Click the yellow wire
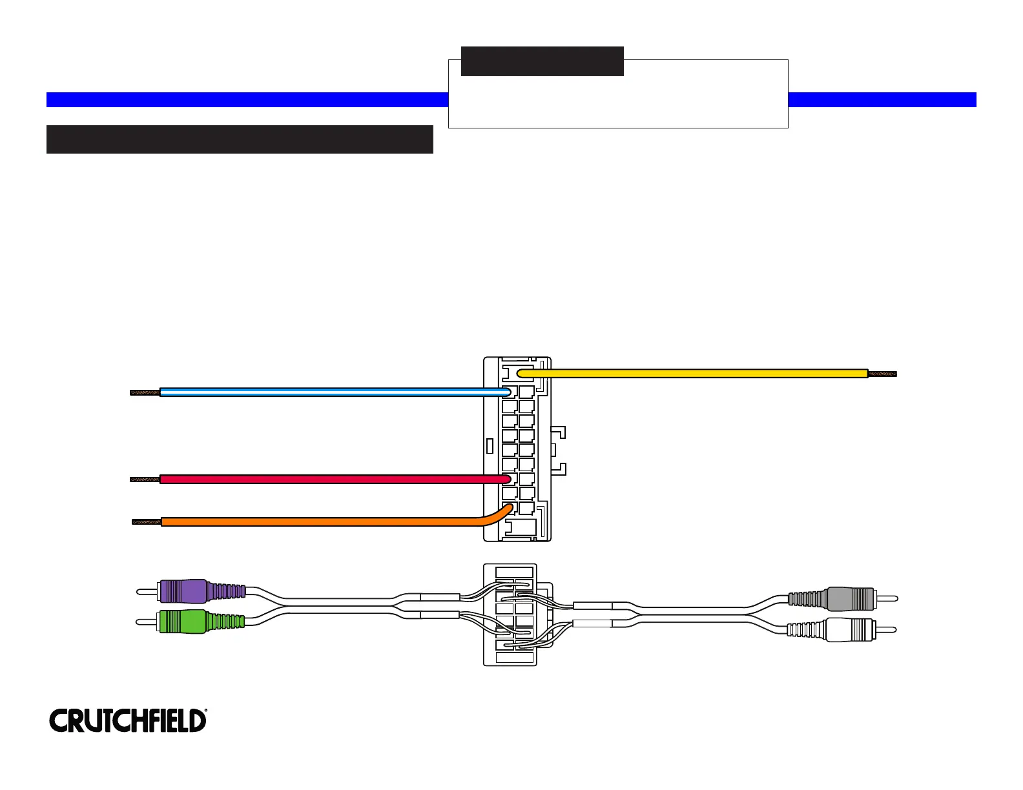691,373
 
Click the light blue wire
323,392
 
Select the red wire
323,479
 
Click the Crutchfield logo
128,720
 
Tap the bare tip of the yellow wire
883,374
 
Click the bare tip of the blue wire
145,392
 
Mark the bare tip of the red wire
145,479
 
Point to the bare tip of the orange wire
146,522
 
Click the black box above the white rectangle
542,61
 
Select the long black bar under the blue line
240,139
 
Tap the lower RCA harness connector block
510,614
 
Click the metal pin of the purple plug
147,591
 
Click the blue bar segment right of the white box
882,99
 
